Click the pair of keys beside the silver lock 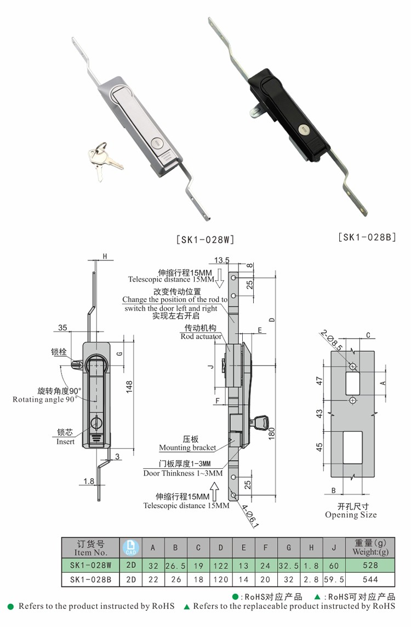(104, 160)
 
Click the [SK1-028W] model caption (205, 240)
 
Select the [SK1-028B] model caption (367, 237)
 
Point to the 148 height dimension (129, 387)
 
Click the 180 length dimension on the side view (272, 433)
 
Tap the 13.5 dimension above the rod (221, 260)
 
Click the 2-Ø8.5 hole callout (331, 340)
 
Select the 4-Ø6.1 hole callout (250, 515)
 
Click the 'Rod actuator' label (201, 336)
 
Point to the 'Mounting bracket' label (187, 448)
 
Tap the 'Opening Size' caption (351, 515)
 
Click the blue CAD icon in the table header (130, 548)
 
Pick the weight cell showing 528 (370, 565)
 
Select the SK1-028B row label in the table (90, 579)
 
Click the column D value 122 (221, 565)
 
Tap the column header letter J (334, 548)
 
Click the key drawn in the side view (260, 421)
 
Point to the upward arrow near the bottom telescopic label (215, 491)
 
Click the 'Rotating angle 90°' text (44, 399)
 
